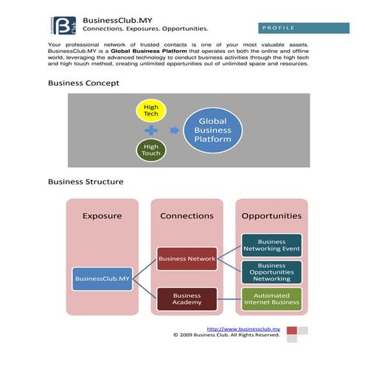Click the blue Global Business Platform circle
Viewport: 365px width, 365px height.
point(212,131)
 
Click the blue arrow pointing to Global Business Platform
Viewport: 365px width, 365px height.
point(174,131)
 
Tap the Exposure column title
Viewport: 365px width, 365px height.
point(102,216)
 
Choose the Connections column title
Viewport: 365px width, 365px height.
point(187,216)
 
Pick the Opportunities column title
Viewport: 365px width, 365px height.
point(271,216)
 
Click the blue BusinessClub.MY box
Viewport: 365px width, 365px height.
point(102,278)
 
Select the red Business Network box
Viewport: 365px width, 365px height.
point(187,259)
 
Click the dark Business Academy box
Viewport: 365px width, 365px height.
point(187,299)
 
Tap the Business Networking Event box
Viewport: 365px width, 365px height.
point(271,245)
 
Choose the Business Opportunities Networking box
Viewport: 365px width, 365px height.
point(271,271)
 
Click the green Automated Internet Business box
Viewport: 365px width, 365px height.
point(271,299)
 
